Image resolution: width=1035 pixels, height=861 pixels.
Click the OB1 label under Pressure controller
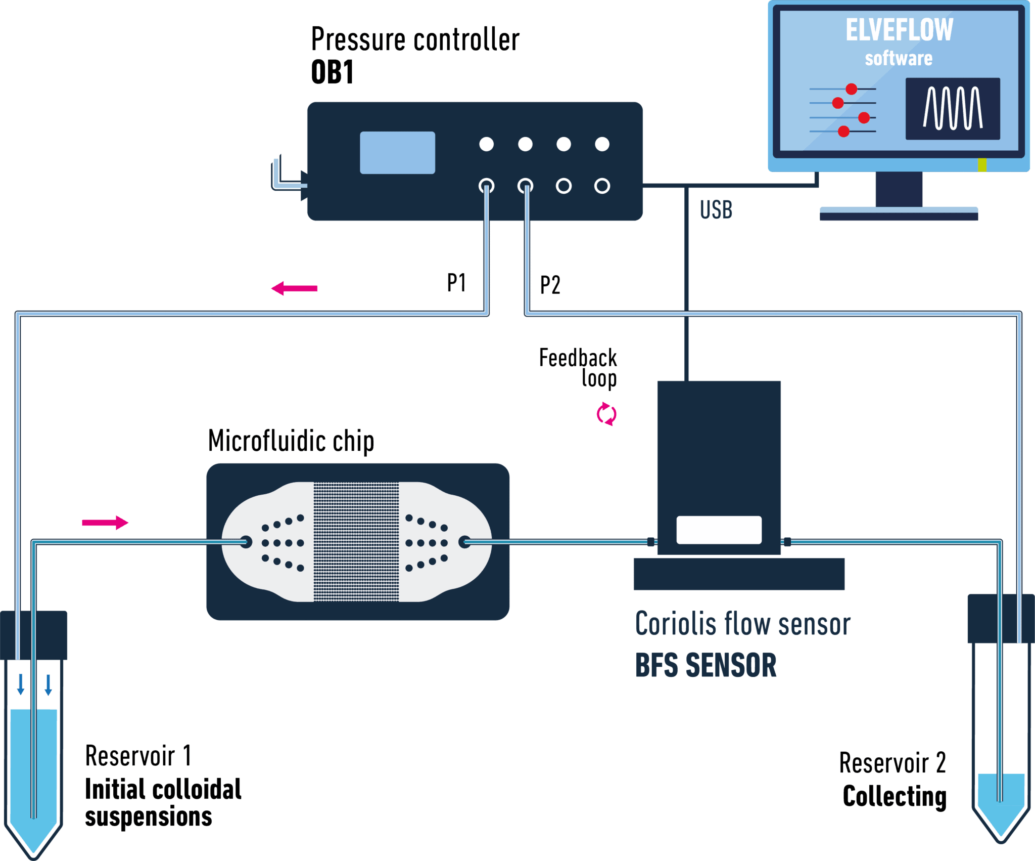click(x=332, y=72)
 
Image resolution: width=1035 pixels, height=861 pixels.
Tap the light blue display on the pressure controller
click(x=397, y=153)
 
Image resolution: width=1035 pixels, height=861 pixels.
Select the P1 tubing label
click(x=456, y=282)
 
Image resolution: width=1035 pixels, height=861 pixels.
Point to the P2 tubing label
click(x=550, y=285)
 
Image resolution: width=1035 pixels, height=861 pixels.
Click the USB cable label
click(x=716, y=209)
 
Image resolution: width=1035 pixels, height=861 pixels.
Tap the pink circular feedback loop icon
click(x=606, y=414)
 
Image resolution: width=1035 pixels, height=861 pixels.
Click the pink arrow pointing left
click(x=295, y=288)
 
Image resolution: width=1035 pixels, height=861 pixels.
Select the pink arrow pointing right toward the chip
click(x=105, y=522)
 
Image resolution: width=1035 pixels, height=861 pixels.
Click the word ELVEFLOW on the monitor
click(x=899, y=30)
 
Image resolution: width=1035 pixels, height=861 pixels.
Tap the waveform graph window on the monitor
click(x=953, y=108)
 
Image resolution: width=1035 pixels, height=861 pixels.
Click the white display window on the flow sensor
click(x=719, y=530)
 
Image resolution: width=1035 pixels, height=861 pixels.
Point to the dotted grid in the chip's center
click(x=356, y=542)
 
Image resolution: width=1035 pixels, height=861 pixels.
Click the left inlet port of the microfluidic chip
click(x=246, y=542)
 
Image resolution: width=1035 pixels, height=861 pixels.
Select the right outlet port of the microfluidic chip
click(x=464, y=542)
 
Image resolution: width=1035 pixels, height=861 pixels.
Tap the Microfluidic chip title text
click(x=291, y=441)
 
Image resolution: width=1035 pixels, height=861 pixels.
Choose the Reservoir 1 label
click(x=138, y=756)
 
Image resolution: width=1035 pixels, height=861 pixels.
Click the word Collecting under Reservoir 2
click(x=894, y=796)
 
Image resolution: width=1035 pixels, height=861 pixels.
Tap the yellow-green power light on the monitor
click(x=981, y=165)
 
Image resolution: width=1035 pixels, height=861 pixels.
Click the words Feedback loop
click(x=578, y=367)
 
